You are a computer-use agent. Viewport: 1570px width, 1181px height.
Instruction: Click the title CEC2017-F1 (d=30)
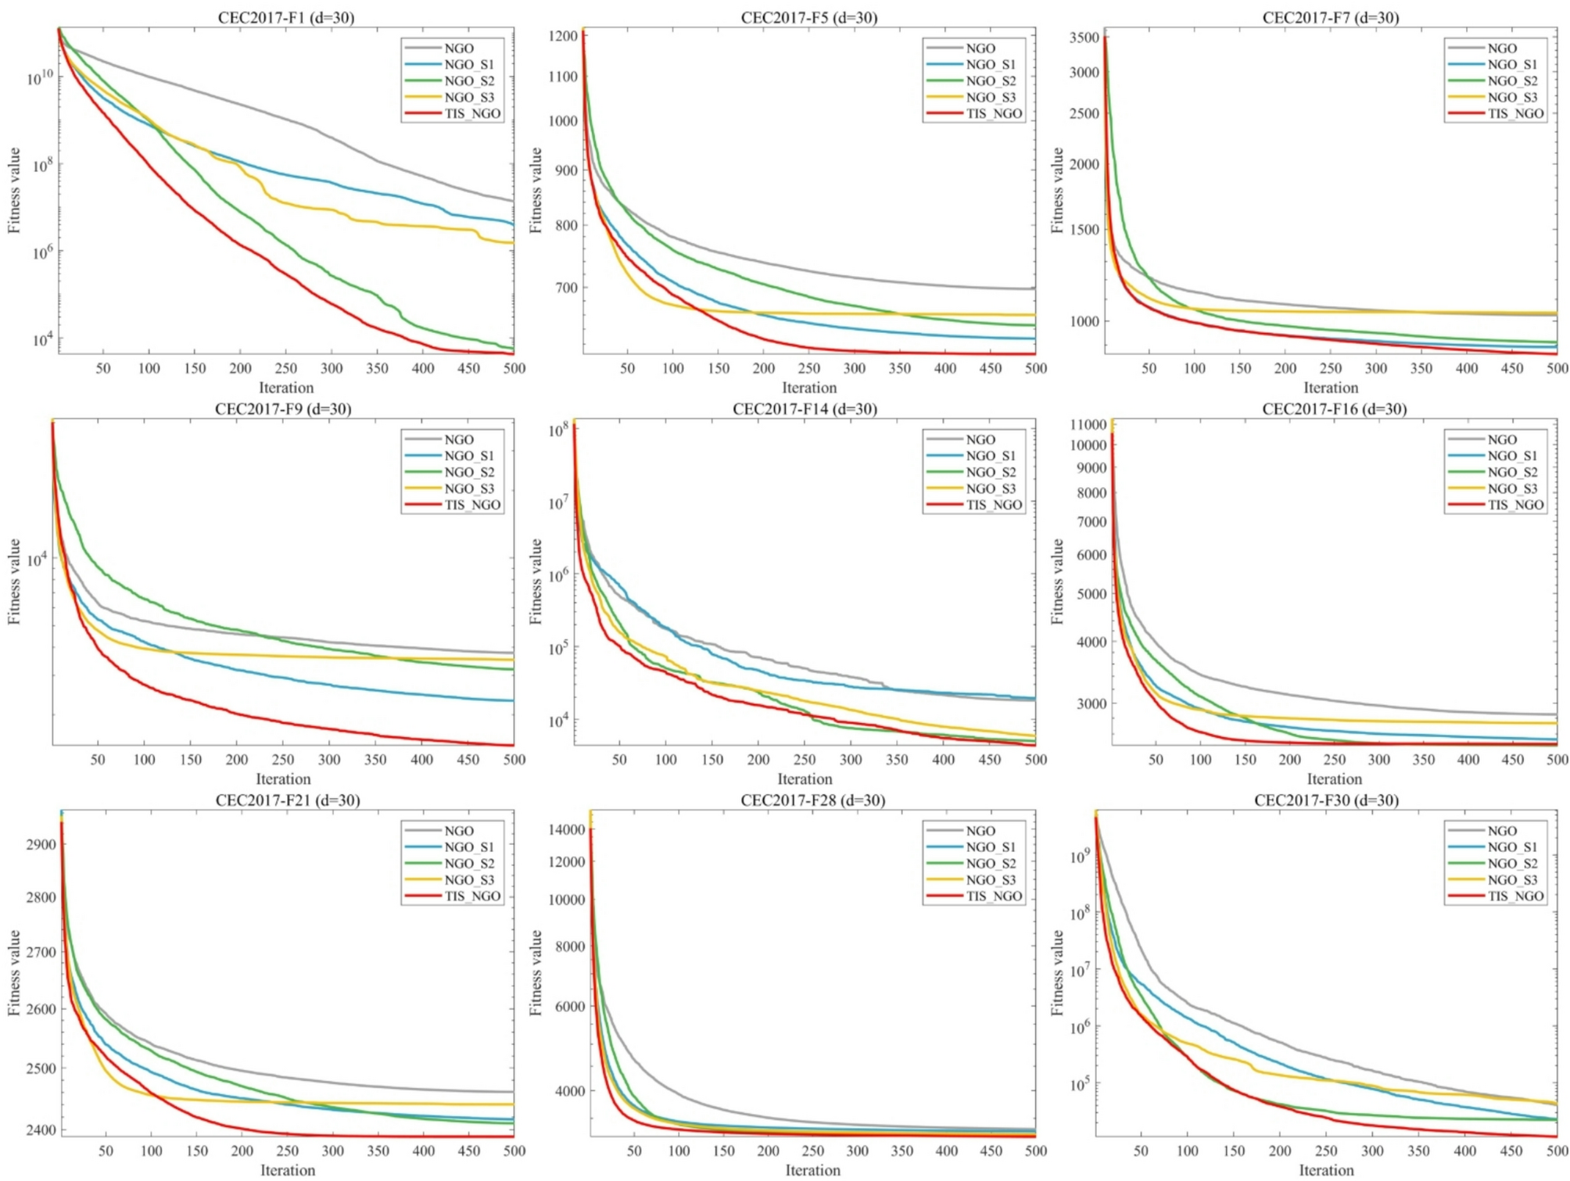pyautogui.click(x=285, y=17)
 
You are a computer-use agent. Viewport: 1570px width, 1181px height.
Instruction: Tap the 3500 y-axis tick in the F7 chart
pyautogui.click(x=1084, y=38)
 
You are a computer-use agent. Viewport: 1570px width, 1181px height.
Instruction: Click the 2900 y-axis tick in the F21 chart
pyautogui.click(x=41, y=844)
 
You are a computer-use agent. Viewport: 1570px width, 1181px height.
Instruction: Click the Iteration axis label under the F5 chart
pyautogui.click(x=808, y=388)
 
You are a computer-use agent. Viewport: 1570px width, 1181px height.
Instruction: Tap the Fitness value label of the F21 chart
pyautogui.click(x=14, y=972)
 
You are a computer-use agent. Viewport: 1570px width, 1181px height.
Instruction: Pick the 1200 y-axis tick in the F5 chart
pyautogui.click(x=563, y=35)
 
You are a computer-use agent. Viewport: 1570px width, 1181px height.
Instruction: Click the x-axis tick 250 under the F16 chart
pyautogui.click(x=1334, y=759)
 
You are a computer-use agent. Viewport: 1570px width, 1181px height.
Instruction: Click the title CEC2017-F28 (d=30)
pyautogui.click(x=812, y=800)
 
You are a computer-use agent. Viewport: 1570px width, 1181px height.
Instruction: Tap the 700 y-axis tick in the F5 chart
pyautogui.click(x=567, y=287)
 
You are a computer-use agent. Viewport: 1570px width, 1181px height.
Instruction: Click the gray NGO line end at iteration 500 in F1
pyautogui.click(x=513, y=201)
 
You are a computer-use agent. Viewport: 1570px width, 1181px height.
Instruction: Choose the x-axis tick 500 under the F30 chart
pyautogui.click(x=1557, y=1151)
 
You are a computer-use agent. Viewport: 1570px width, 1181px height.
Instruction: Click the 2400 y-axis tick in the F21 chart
pyautogui.click(x=41, y=1129)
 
